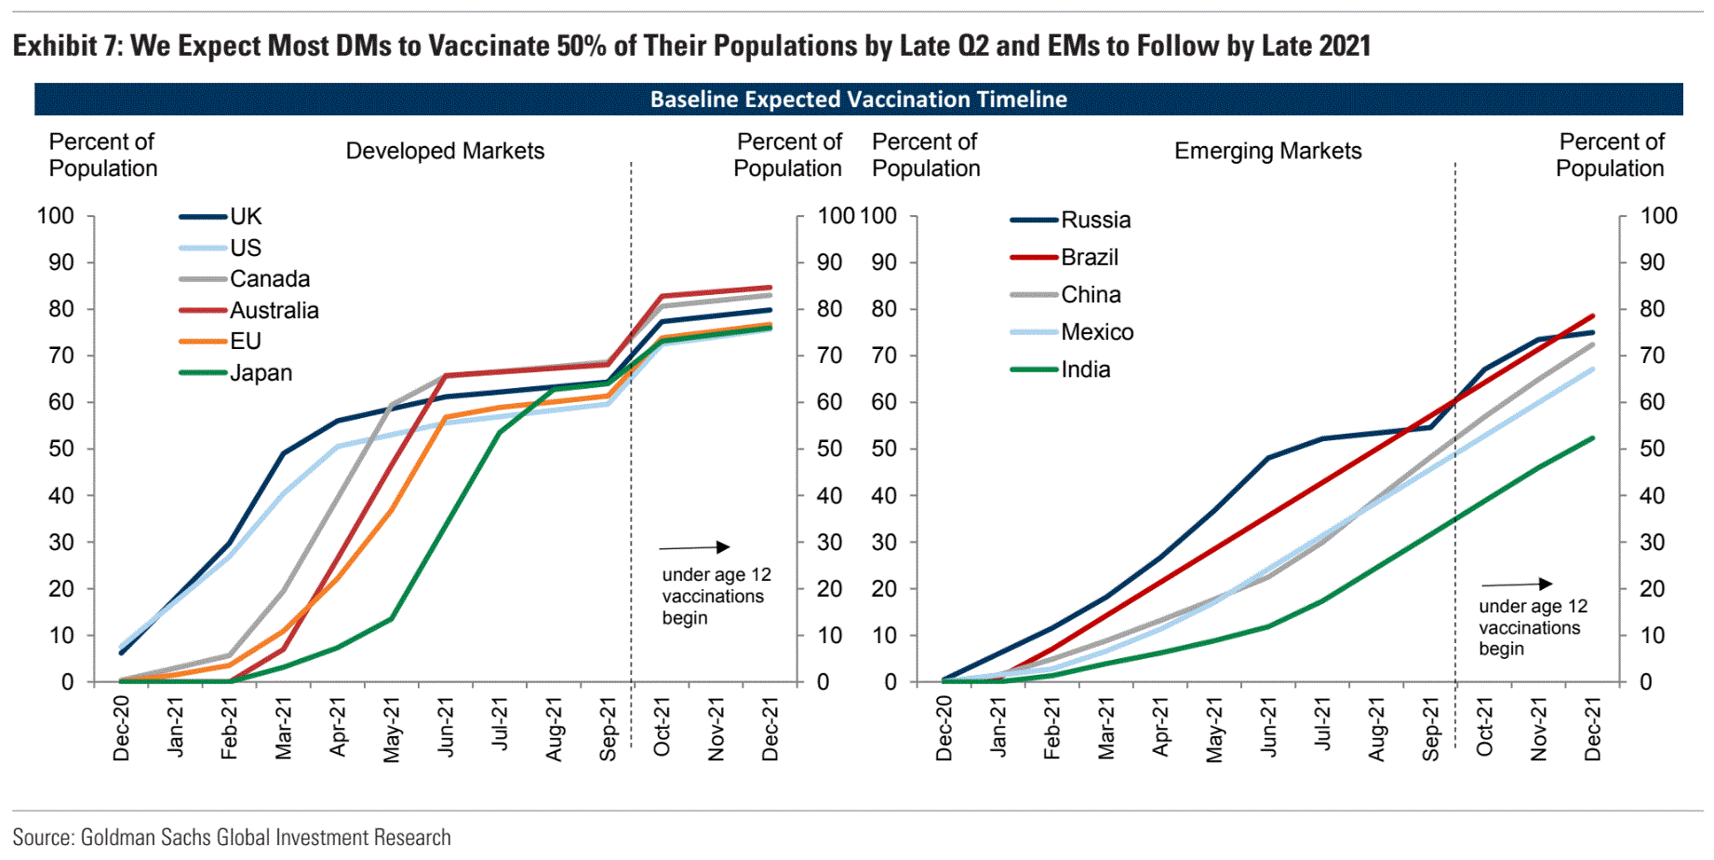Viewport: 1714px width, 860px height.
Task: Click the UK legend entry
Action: click(246, 217)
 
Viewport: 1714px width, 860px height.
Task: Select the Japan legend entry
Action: click(261, 373)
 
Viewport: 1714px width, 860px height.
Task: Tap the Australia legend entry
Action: click(274, 311)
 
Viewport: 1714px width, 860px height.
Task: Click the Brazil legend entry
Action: click(1089, 258)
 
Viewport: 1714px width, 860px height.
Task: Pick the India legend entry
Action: click(1085, 370)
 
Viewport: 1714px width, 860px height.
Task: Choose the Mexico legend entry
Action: click(1097, 332)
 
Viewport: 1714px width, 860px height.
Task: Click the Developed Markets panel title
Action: click(445, 151)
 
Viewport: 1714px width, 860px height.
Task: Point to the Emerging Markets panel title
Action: click(1267, 151)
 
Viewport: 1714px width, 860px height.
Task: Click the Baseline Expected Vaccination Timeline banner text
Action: click(858, 100)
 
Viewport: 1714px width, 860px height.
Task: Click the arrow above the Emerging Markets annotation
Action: click(1517, 584)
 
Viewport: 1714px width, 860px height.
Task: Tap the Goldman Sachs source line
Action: click(232, 837)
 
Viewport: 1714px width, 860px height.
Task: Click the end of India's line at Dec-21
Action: click(1592, 438)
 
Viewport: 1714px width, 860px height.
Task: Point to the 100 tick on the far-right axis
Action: click(1658, 216)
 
